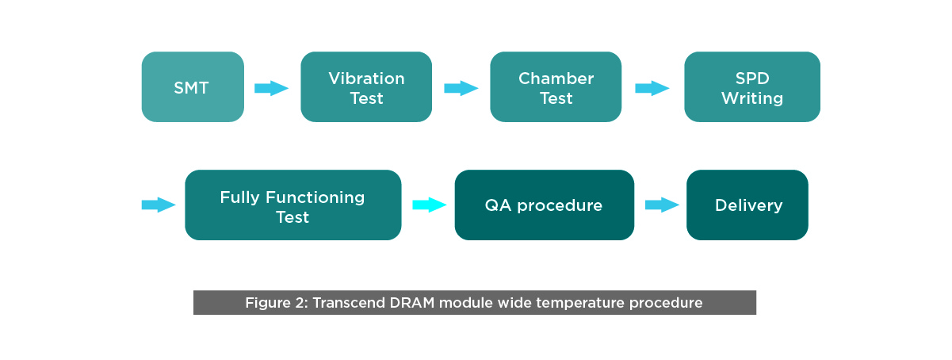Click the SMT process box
[192, 87]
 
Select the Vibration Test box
[366, 87]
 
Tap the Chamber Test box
[556, 87]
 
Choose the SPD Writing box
[751, 87]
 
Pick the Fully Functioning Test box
[292, 205]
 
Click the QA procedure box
[544, 205]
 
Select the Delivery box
[747, 205]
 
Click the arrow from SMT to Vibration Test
[271, 88]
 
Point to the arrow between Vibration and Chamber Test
[461, 88]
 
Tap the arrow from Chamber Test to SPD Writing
[652, 88]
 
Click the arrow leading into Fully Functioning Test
[158, 205]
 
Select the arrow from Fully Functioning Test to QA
[430, 205]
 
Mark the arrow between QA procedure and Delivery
[662, 205]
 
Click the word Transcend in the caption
[345, 303]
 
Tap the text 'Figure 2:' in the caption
[276, 303]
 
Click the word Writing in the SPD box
[751, 98]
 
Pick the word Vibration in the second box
[366, 79]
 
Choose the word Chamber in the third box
[556, 79]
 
